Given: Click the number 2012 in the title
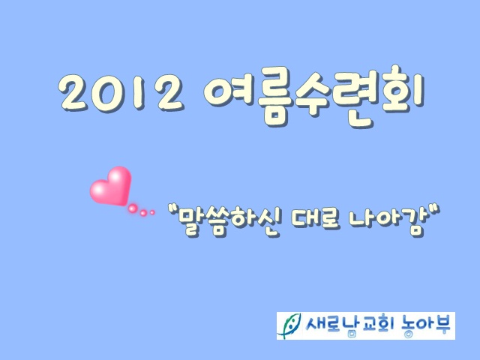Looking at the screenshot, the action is (x=121, y=93).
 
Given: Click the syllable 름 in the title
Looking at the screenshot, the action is (x=274, y=97).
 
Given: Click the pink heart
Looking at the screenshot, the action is (x=111, y=186).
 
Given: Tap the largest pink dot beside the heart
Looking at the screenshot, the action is (x=132, y=208).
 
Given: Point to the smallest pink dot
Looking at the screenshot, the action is (x=152, y=212).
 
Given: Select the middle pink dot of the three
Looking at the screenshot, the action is (x=143, y=213).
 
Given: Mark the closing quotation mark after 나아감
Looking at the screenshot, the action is (x=435, y=210).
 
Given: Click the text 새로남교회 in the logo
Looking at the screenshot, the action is (x=349, y=325).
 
